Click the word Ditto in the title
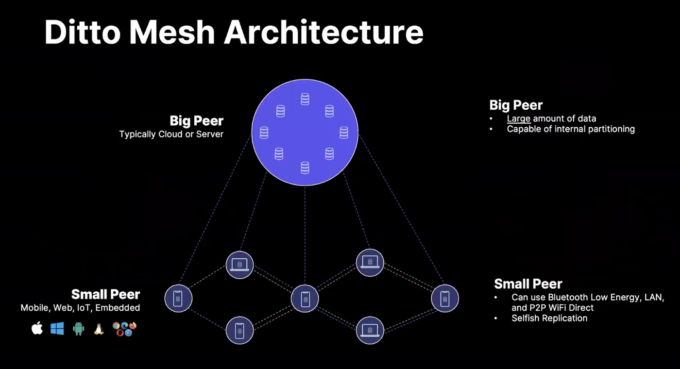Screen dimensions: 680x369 coord(83,32)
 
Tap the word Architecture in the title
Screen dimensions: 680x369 coord(323,32)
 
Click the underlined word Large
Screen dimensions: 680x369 coord(519,118)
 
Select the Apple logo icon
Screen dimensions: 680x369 coord(37,329)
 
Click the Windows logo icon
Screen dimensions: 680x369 coord(57,329)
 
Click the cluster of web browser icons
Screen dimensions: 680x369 coord(124,329)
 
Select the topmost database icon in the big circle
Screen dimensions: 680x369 coord(305,99)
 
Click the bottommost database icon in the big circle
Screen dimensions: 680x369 coord(305,168)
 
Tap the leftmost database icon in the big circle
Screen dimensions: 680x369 coord(264,133)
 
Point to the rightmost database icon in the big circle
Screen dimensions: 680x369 coord(344,133)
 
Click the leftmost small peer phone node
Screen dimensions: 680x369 coord(179,298)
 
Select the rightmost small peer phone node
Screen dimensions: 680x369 coord(445,298)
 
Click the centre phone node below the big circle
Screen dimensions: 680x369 coord(305,299)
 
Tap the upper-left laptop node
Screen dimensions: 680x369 coord(239,265)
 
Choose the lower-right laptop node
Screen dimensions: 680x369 coord(370,330)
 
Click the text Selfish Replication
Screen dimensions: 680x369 coord(549,318)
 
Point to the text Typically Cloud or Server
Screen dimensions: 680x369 coord(171,134)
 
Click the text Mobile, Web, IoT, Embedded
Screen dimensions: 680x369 coord(80,308)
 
